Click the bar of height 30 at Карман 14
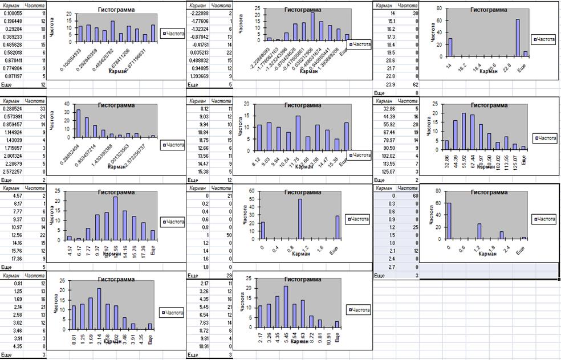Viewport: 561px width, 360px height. [449, 47]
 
